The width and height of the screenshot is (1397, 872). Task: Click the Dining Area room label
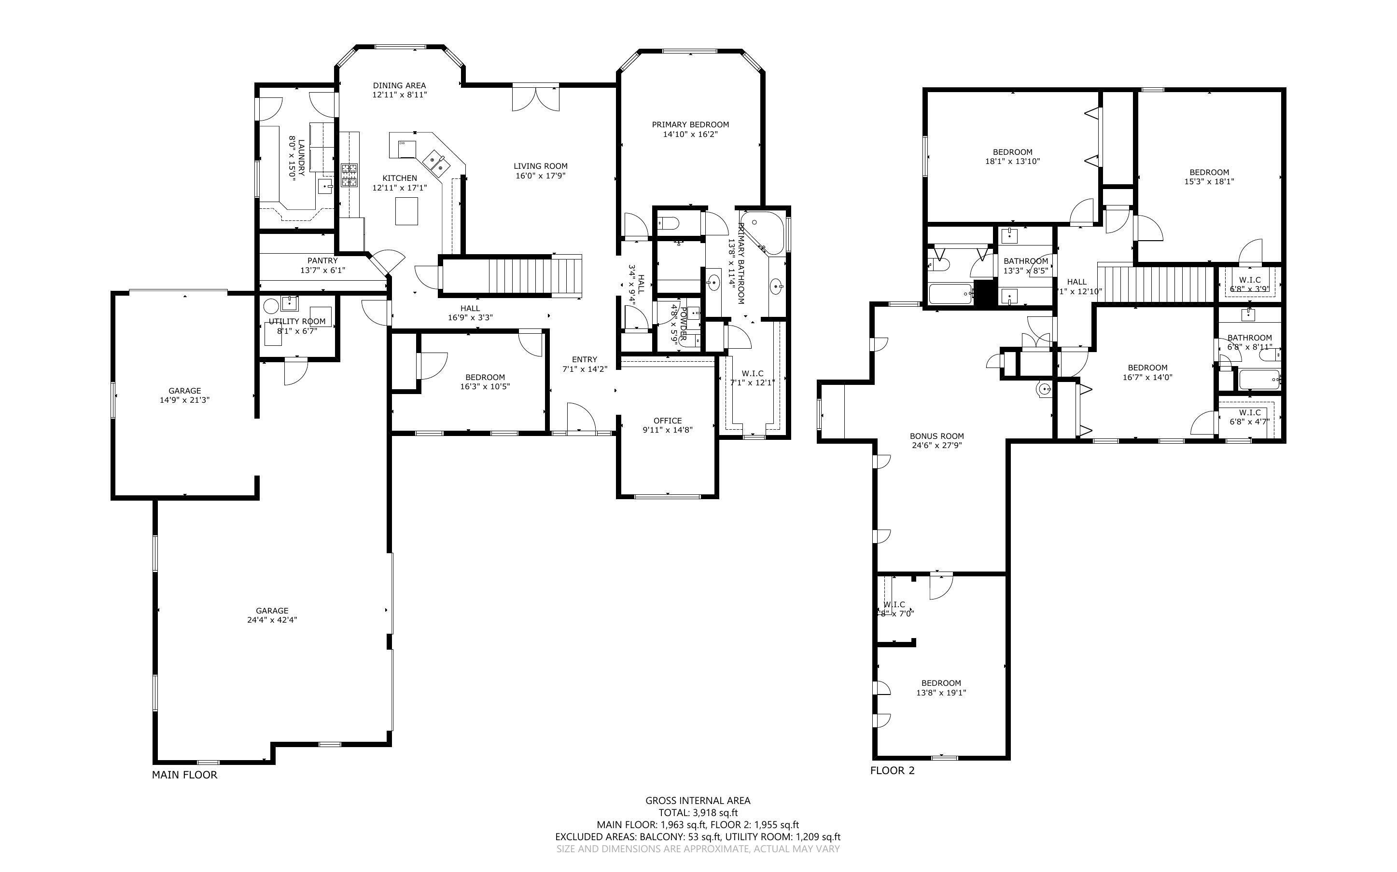[x=399, y=85]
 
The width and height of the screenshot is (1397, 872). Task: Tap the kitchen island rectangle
[x=406, y=210]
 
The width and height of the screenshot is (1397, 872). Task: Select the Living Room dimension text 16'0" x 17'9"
[x=540, y=176]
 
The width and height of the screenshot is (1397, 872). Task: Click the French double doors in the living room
[x=535, y=98]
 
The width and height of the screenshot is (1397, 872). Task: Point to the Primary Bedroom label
[x=690, y=124]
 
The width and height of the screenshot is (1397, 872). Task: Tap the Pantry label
[x=322, y=260]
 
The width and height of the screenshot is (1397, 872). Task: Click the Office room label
[x=668, y=421]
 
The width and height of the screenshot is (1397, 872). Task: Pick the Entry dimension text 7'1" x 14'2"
[x=585, y=369]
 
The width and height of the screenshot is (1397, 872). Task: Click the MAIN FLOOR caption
[x=185, y=775]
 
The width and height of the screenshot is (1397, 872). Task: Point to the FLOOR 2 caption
[x=892, y=771]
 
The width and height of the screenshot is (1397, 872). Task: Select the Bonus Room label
[x=936, y=436]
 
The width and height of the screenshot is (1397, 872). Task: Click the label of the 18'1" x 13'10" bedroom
[x=1012, y=152]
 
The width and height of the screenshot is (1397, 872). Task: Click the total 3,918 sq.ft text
[x=698, y=813]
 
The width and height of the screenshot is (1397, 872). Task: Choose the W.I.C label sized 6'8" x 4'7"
[x=1249, y=412]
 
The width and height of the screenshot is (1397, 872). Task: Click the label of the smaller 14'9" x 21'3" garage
[x=185, y=391]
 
